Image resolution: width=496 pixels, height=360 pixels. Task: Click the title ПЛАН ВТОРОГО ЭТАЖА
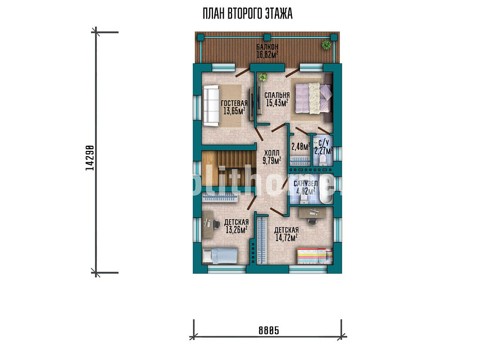point(247,14)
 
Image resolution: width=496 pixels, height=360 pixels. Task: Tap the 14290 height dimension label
point(90,158)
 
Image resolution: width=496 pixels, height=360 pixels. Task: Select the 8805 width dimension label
point(269,330)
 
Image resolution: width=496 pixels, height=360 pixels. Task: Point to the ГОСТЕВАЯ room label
point(234,103)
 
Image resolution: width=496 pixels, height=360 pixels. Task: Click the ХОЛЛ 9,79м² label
point(272,157)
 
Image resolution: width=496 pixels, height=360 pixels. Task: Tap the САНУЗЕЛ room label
point(305,184)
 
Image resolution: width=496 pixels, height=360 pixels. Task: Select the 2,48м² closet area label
point(301,147)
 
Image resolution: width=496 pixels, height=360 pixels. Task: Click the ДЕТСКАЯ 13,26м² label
point(236,226)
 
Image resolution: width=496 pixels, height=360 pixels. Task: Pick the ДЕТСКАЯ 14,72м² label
point(286,234)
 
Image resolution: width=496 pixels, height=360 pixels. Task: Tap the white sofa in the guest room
point(211,106)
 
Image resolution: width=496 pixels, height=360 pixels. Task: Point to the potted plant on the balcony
point(326,44)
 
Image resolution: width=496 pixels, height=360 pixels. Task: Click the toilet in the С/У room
point(323,160)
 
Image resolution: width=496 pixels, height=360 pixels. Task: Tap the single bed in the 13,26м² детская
point(220,256)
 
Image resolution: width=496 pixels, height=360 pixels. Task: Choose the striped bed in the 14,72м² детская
point(315,256)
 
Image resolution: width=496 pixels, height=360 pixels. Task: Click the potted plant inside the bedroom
point(262,76)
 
